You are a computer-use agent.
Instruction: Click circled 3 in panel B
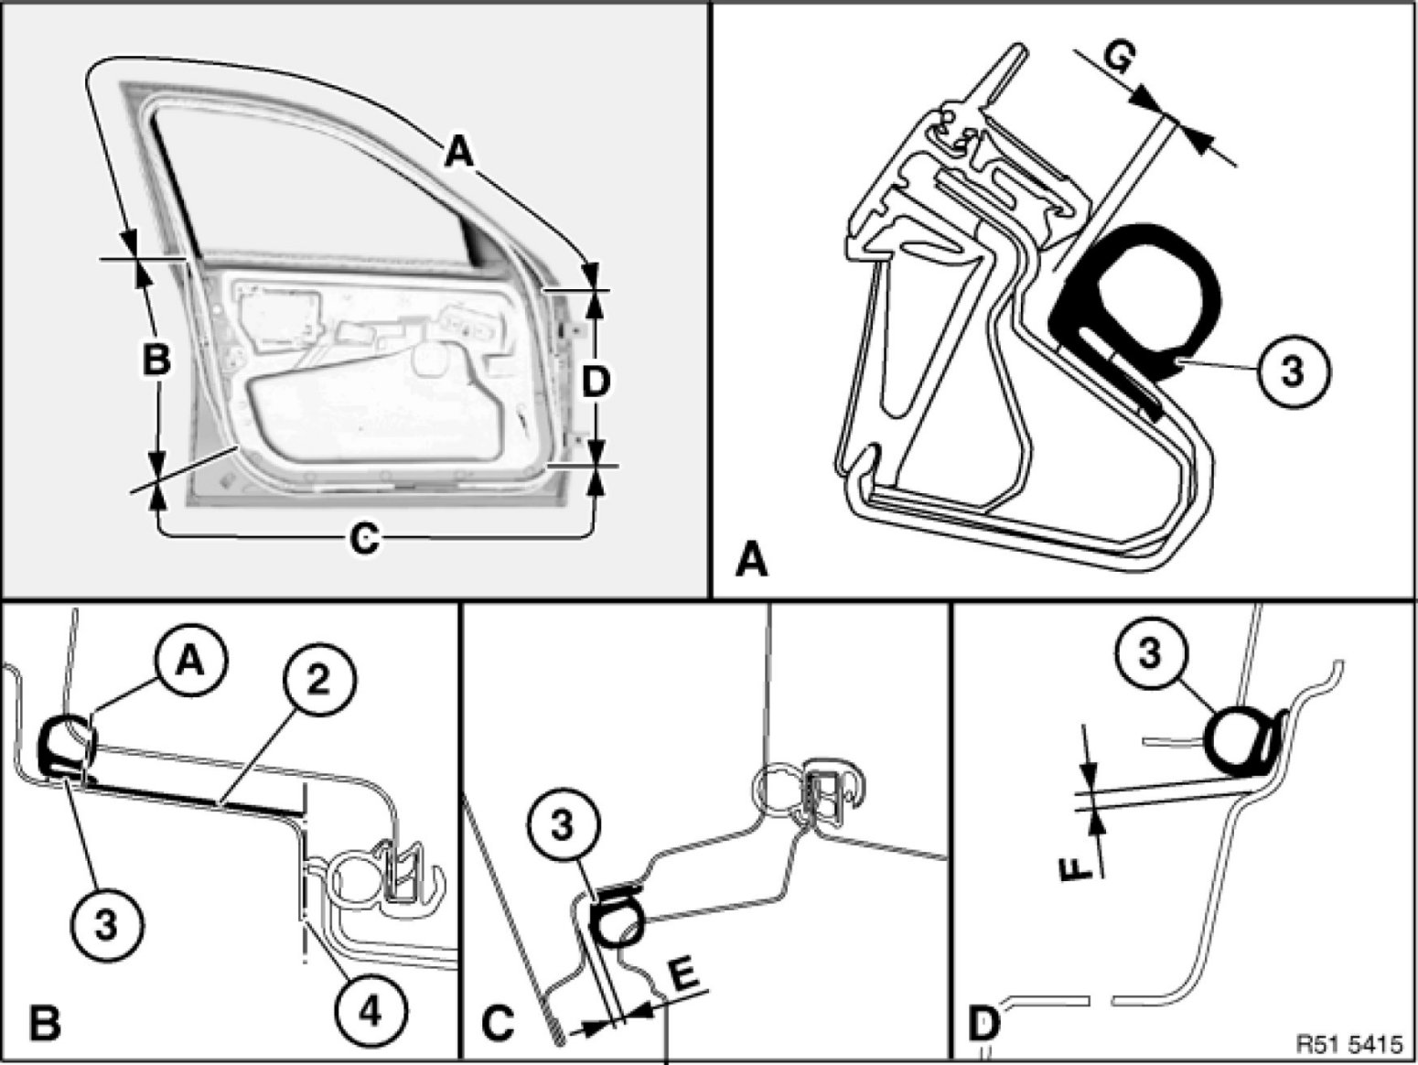(106, 925)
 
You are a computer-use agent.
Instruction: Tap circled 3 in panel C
(562, 826)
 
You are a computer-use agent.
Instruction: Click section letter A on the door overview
(459, 152)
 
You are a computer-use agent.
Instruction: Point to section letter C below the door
(364, 539)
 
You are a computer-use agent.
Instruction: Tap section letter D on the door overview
(596, 382)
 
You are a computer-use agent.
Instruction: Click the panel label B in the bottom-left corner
(43, 1022)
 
